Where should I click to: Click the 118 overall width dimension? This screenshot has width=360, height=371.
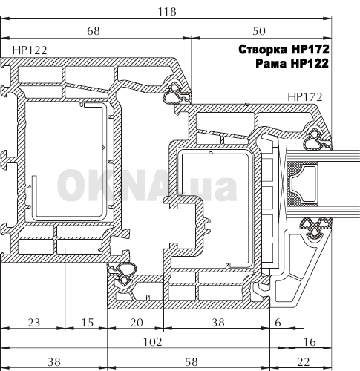click(167, 12)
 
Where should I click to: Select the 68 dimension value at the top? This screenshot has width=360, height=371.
click(94, 31)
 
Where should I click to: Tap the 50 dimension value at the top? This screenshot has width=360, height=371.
click(259, 31)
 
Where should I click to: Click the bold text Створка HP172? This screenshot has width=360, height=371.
click(284, 50)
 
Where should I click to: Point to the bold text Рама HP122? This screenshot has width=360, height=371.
click(292, 63)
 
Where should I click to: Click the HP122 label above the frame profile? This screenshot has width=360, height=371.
click(30, 50)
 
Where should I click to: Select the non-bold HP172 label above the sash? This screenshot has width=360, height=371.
click(305, 97)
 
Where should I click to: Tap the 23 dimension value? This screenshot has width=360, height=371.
click(33, 323)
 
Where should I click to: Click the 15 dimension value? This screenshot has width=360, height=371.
click(88, 323)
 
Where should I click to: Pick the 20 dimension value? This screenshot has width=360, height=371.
click(137, 323)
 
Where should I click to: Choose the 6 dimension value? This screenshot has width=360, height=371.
click(278, 323)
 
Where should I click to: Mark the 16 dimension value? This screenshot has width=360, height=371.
click(310, 342)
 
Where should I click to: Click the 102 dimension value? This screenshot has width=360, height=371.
click(153, 342)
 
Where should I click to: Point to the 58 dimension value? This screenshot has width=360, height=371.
click(192, 362)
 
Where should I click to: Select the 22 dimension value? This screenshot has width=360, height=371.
click(304, 362)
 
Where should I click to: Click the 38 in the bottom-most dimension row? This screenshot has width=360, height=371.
click(54, 362)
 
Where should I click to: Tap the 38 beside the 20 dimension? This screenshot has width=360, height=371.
click(218, 323)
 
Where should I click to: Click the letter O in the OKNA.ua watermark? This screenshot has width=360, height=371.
click(71, 185)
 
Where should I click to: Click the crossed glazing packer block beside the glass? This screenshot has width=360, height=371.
click(283, 184)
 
